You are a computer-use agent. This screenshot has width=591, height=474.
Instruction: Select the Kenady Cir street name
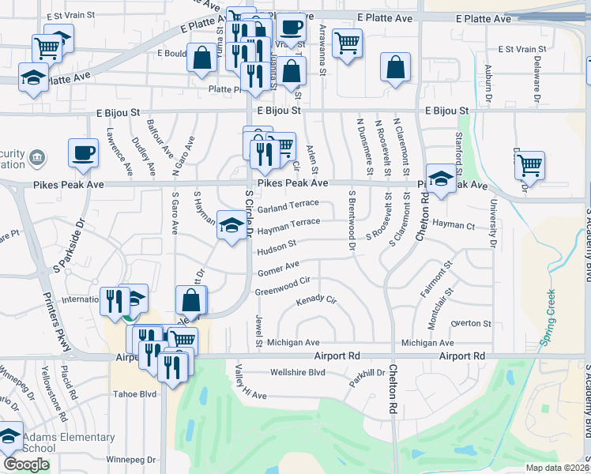click(316, 301)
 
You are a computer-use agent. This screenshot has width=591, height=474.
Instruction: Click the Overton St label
click(471, 323)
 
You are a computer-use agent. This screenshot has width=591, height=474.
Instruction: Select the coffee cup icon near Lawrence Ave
click(83, 152)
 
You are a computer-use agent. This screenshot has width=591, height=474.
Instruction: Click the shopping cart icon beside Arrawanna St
click(347, 42)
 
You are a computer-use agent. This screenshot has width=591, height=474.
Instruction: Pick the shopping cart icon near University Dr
click(529, 164)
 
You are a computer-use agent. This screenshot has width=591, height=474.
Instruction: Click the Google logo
click(26, 465)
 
